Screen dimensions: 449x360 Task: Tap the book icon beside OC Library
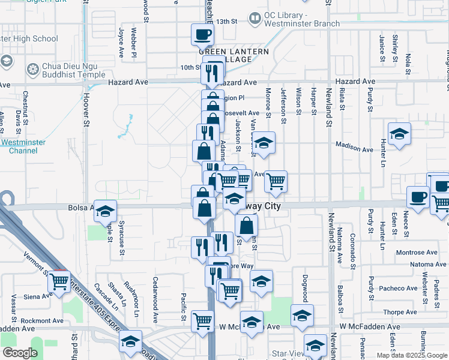coord(255,19)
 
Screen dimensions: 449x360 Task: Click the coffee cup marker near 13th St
coord(202,34)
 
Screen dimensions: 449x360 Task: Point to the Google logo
coord(20,353)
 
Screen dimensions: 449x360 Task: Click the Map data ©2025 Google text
coord(411,355)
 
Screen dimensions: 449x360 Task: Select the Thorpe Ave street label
coord(400,312)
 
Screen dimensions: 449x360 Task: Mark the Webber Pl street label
coord(134,43)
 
